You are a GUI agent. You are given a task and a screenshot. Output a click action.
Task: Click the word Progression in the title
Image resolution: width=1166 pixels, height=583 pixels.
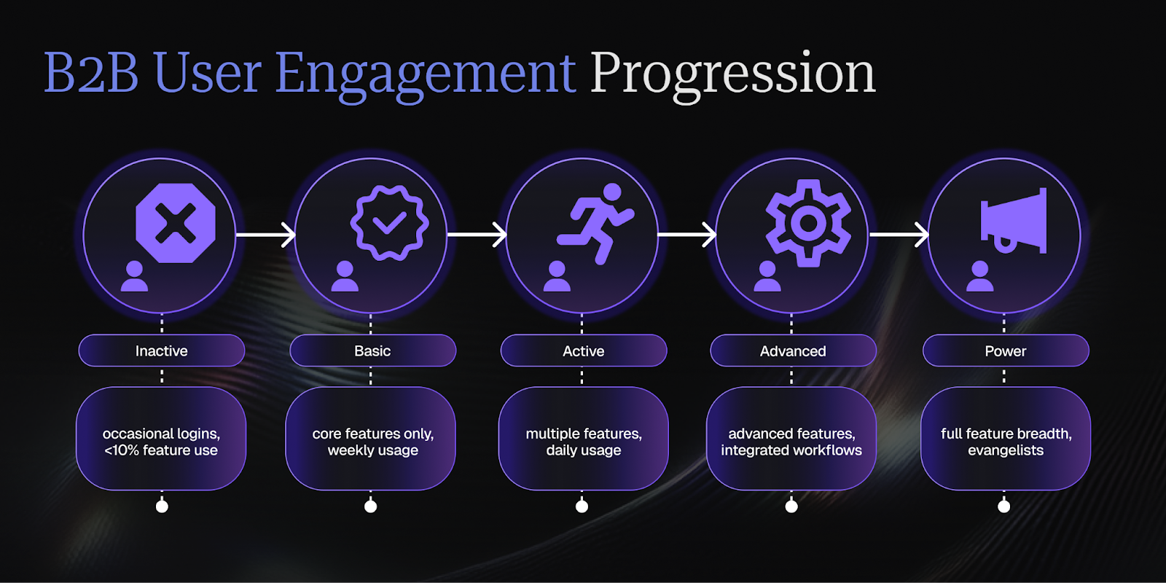(732, 74)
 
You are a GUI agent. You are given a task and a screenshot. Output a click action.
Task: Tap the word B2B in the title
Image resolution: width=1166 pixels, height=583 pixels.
(91, 74)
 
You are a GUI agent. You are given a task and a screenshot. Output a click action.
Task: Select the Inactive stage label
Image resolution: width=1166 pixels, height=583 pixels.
(162, 351)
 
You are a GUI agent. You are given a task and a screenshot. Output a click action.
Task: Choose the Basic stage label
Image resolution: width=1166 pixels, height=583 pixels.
(372, 351)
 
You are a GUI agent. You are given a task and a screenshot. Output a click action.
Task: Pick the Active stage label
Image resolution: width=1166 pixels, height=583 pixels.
(583, 351)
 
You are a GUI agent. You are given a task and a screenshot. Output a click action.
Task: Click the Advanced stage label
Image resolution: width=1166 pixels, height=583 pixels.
(793, 351)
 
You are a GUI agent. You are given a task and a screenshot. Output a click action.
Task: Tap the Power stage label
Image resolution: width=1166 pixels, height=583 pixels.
(1005, 351)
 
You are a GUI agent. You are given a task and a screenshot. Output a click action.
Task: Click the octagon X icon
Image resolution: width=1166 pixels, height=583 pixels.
(176, 223)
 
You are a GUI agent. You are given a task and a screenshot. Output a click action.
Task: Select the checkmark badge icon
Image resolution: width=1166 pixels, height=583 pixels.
(389, 223)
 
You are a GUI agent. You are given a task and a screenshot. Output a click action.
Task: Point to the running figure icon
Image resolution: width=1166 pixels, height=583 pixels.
(597, 222)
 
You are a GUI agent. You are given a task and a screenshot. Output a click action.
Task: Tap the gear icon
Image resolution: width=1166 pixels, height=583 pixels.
(807, 223)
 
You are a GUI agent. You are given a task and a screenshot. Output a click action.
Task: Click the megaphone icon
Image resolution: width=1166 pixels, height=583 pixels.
(1014, 222)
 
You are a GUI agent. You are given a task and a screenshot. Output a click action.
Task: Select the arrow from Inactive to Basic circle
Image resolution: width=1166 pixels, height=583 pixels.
(265, 235)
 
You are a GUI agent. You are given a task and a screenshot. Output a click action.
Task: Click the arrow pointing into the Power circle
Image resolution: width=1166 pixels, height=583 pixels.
(899, 235)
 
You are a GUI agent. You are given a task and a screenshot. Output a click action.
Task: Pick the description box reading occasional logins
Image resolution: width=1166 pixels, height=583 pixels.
(161, 439)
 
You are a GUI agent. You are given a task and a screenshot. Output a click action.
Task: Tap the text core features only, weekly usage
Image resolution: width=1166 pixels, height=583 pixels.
(372, 442)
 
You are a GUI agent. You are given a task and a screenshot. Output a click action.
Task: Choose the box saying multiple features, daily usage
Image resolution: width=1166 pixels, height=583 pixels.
(583, 439)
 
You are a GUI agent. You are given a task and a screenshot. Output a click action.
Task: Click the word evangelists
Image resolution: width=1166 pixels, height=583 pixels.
(1006, 450)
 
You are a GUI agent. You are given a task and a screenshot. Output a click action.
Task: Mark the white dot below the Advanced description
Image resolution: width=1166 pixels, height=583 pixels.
(791, 506)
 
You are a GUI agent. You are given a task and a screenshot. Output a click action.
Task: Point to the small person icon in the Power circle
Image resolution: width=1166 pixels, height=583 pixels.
(979, 276)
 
